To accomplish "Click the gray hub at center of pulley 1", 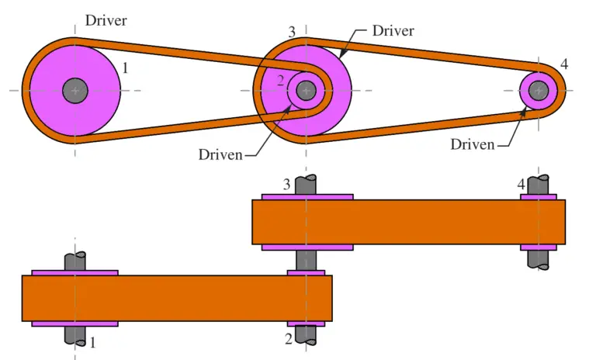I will click(75, 91).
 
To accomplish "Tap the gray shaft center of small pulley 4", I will click(538, 91).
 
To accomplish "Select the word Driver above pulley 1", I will click(106, 19).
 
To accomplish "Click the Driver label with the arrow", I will click(393, 31).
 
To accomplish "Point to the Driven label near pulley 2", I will click(220, 154).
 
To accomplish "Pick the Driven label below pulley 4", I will click(473, 144).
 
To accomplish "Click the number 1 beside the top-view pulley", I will click(126, 68).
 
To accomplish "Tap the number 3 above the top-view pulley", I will click(291, 32).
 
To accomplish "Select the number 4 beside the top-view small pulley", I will click(563, 64).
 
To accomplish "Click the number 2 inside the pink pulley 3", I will click(282, 80).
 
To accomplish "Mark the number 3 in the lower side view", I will click(286, 185).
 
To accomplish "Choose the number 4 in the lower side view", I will click(521, 185).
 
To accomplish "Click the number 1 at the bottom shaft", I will click(94, 341).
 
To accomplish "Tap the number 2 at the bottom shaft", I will click(289, 339).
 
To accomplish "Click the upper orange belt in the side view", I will click(408, 222).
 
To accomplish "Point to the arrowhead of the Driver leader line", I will click(341, 55).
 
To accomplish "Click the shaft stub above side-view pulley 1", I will click(75, 261).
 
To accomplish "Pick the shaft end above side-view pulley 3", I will click(307, 185).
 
